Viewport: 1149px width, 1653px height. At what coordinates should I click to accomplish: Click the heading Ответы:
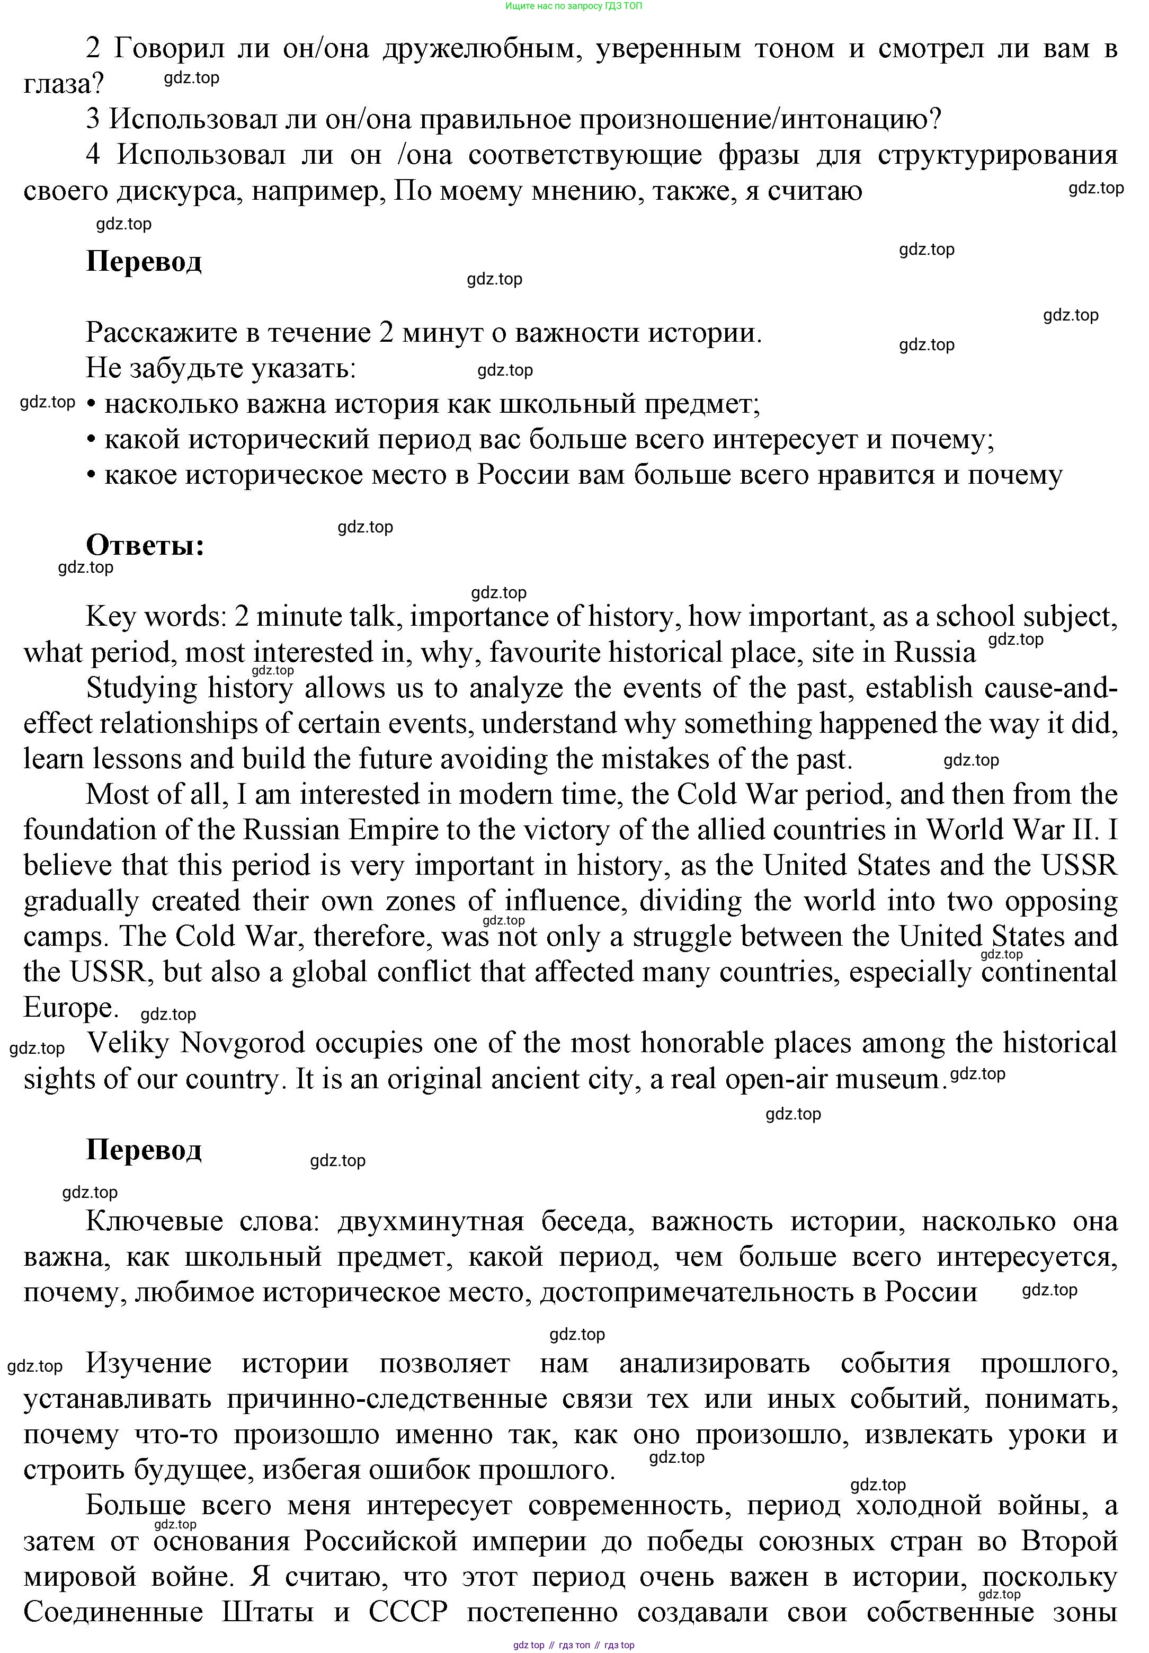(145, 545)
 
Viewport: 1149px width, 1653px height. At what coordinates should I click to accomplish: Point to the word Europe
(70, 1007)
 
